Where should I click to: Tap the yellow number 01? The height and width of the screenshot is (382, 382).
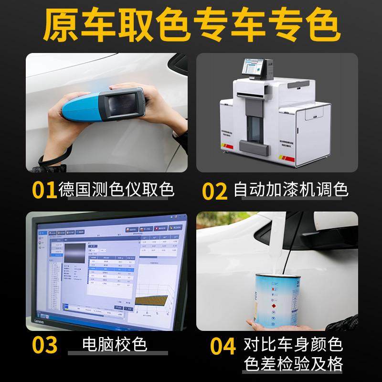click(44, 190)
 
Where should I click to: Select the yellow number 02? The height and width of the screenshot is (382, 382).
click(214, 191)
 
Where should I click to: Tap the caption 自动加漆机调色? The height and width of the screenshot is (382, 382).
click(291, 191)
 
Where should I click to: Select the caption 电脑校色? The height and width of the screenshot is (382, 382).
click(115, 344)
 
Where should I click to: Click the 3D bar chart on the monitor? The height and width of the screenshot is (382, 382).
click(152, 301)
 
